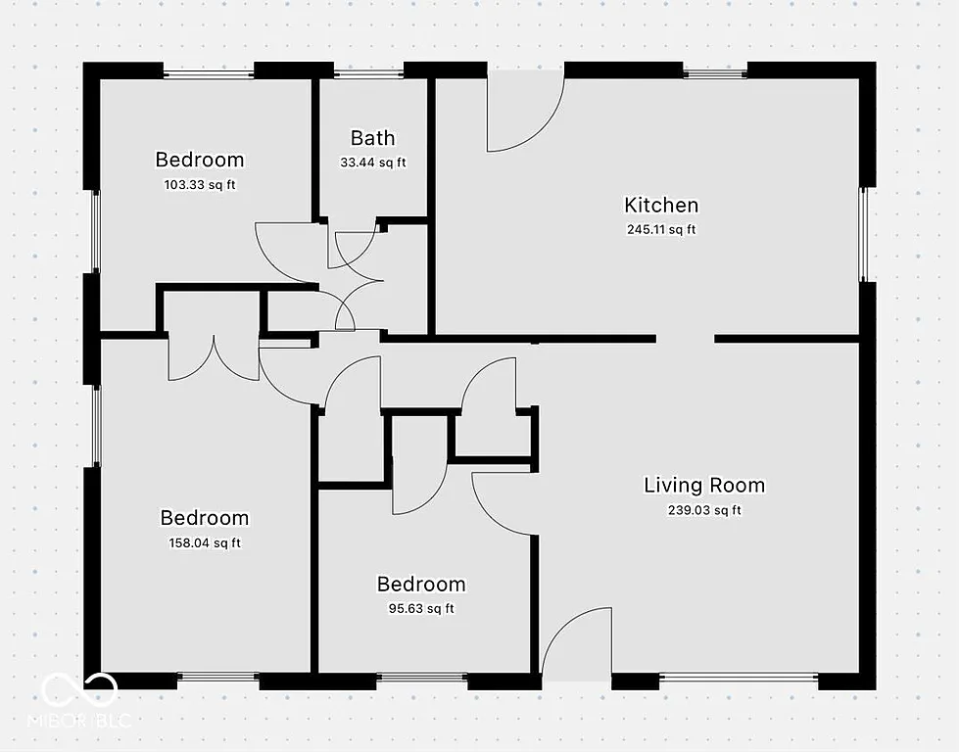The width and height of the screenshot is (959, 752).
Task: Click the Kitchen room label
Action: coord(661,205)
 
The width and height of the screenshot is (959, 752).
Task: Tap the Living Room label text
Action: coord(703,485)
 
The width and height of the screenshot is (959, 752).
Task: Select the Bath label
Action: coord(372,138)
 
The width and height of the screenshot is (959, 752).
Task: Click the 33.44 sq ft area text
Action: coord(372,163)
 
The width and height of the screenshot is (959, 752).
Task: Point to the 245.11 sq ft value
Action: coord(661,230)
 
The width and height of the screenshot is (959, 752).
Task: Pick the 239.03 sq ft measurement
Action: coord(704,510)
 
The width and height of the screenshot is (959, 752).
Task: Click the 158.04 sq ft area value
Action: coord(205,542)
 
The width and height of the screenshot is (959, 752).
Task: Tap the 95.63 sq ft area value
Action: coord(421,608)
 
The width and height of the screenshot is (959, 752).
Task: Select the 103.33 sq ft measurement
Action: coord(200,184)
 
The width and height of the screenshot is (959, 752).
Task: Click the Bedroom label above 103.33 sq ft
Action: coord(200,160)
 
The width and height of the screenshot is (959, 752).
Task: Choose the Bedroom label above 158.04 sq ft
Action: coord(205,518)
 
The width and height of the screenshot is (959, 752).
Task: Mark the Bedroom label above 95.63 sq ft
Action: coord(421,585)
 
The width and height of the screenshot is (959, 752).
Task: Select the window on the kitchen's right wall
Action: coord(864,234)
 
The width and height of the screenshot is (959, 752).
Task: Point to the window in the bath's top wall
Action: coord(368,72)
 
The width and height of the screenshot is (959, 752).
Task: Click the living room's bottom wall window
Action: coord(739,677)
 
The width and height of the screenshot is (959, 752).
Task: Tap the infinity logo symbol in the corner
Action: coord(79,689)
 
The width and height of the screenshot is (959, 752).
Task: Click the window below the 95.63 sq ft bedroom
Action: coord(421,677)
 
